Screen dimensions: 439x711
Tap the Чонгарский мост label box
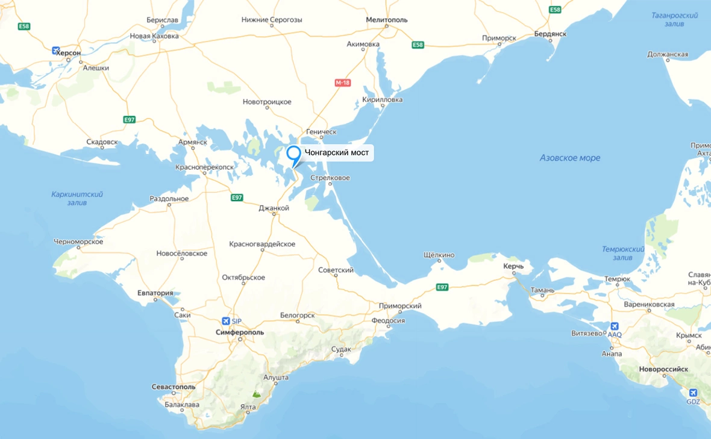click(337, 153)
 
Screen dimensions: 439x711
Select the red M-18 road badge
click(342, 83)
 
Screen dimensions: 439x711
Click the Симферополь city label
click(240, 332)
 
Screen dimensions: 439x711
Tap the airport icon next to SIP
click(226, 321)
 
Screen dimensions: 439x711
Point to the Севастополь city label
click(174, 387)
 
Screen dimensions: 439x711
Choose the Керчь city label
click(513, 266)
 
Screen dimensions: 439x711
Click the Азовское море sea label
click(569, 158)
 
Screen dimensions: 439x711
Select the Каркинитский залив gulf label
click(77, 198)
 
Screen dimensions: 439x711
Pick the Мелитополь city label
click(387, 20)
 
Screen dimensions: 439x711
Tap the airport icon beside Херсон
click(57, 51)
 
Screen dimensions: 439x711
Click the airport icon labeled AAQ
click(614, 326)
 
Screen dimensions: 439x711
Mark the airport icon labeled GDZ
click(693, 393)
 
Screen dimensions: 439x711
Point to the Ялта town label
click(248, 407)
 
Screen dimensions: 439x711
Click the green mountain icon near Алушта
click(257, 394)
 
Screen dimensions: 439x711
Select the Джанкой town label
click(274, 208)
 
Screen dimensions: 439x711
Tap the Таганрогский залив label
click(674, 19)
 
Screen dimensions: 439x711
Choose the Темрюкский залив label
click(623, 254)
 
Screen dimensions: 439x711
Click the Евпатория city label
click(155, 293)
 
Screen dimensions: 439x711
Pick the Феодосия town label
click(387, 320)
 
